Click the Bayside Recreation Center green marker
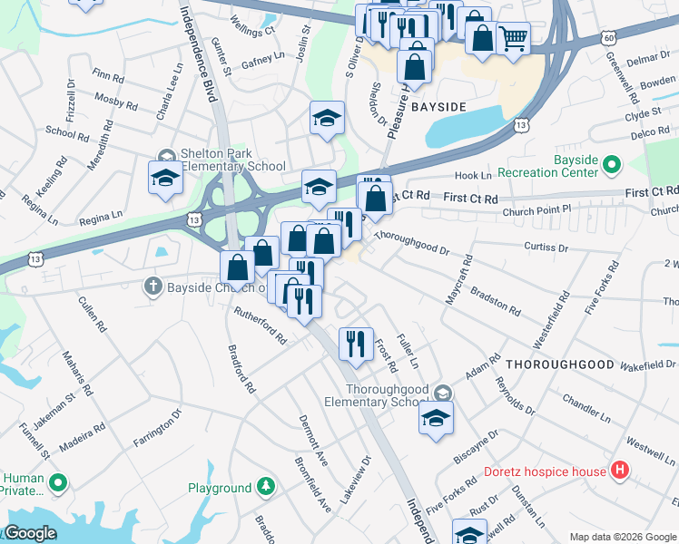pyautogui.click(x=612, y=165)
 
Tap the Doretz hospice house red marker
pyautogui.click(x=620, y=471)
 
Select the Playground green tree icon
pyautogui.click(x=265, y=488)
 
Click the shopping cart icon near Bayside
pyautogui.click(x=513, y=38)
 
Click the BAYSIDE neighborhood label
pyautogui.click(x=438, y=107)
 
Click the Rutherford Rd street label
pyautogui.click(x=261, y=326)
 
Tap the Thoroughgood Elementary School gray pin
pyautogui.click(x=442, y=392)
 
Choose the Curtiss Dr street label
pyautogui.click(x=546, y=247)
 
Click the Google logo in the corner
pyautogui.click(x=30, y=533)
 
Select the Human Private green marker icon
pyautogui.click(x=59, y=481)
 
